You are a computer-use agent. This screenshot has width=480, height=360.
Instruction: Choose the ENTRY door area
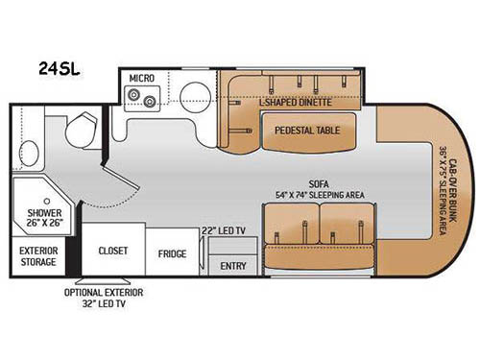232,265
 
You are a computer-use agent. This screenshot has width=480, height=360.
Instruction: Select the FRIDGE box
172,253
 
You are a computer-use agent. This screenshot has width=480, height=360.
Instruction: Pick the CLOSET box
112,252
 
